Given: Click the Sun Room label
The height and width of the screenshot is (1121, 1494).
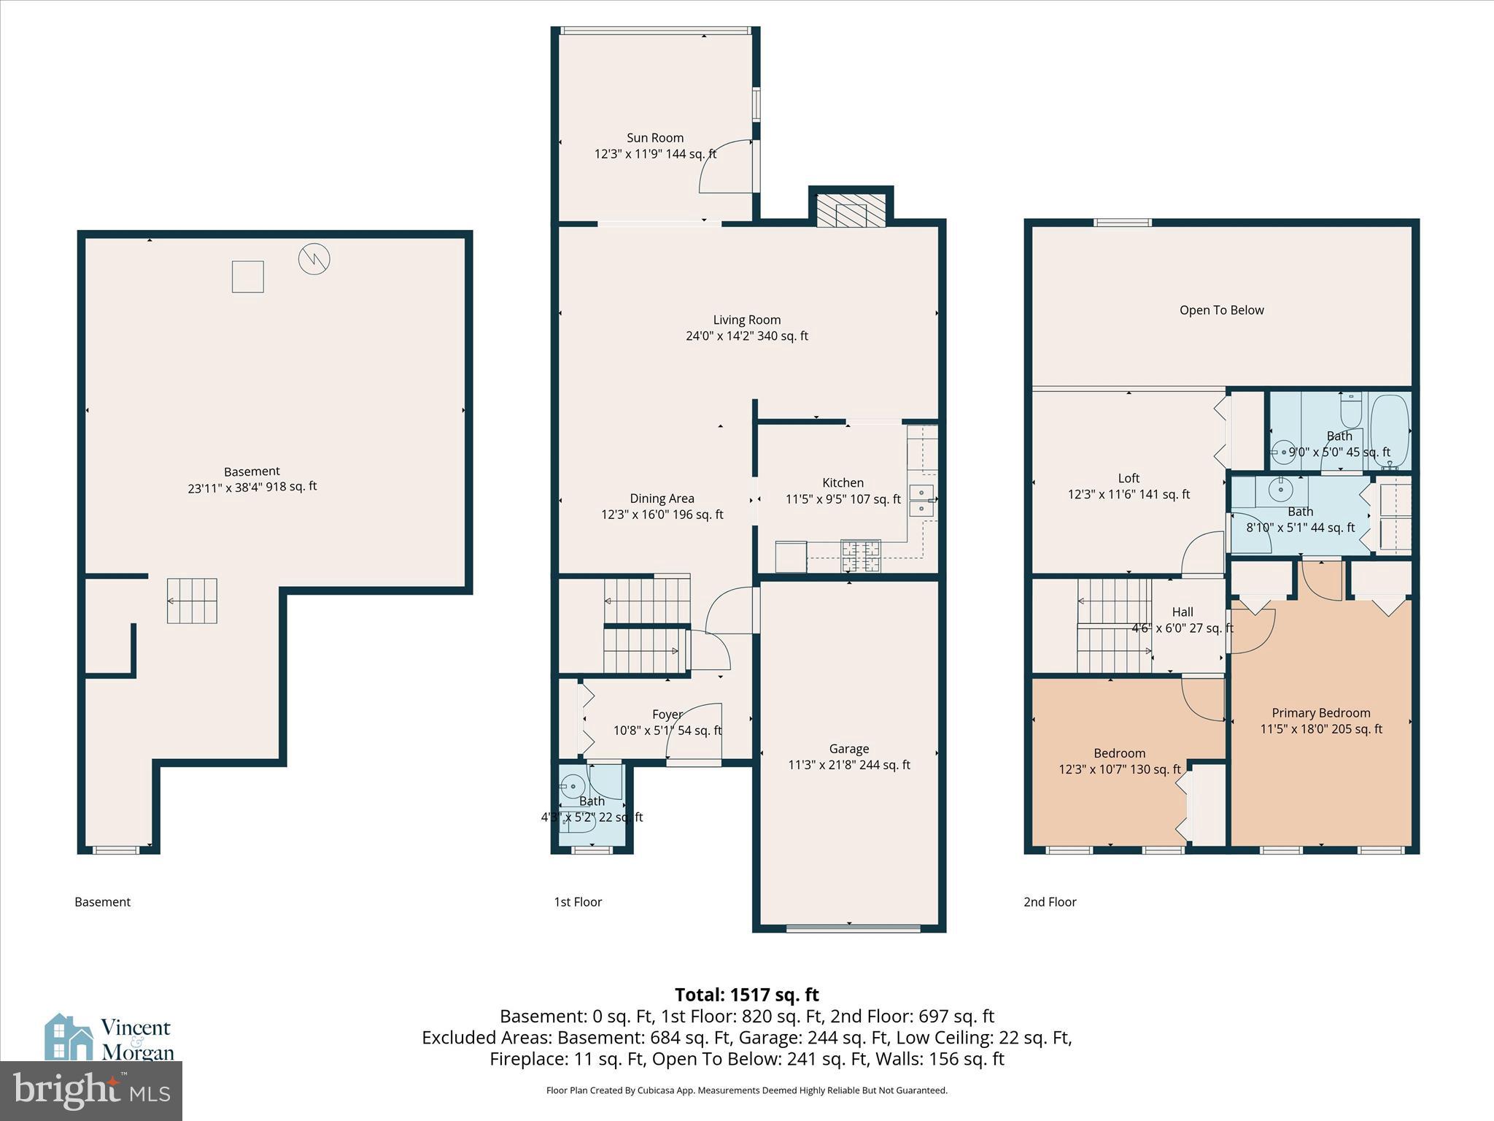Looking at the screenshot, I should [x=655, y=138].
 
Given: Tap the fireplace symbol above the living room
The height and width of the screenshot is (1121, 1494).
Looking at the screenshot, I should [x=851, y=210].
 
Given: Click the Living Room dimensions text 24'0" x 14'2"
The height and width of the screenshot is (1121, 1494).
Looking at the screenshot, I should [x=746, y=336].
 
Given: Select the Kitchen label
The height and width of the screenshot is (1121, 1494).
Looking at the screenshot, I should [x=843, y=483].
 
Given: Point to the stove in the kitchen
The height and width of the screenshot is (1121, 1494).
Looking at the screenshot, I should [x=861, y=557].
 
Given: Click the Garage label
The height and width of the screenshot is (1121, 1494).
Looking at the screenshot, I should [x=848, y=749].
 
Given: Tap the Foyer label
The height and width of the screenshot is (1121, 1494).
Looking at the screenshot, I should [x=667, y=714].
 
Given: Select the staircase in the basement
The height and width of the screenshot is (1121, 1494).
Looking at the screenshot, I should [x=192, y=601].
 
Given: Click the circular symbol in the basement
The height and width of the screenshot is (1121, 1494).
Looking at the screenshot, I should [x=314, y=258].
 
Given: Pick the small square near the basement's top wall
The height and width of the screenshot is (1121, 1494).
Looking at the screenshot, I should [x=247, y=277].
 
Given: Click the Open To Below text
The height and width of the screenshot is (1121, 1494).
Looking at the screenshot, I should [x=1221, y=310].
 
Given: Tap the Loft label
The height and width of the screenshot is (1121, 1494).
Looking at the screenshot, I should [x=1128, y=479].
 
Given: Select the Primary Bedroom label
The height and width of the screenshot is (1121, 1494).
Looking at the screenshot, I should [x=1320, y=713].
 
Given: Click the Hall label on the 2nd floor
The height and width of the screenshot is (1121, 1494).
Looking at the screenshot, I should [x=1183, y=612].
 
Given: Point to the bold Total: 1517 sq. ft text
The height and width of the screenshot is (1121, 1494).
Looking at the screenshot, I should [x=746, y=995].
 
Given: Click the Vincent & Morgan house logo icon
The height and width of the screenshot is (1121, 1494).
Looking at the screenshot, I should [x=69, y=1036].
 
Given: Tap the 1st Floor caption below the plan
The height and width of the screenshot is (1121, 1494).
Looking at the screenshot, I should [x=577, y=902].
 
